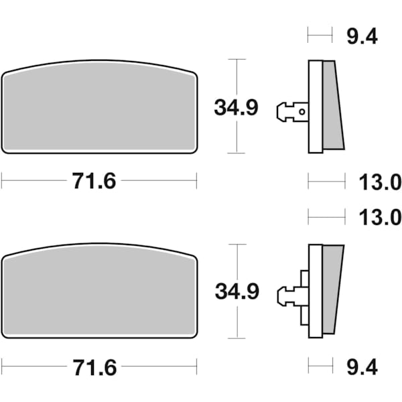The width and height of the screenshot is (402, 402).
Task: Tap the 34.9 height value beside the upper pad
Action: pos(236,107)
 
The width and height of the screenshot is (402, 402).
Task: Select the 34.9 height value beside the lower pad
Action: pos(236,292)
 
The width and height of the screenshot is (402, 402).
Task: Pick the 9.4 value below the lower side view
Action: pos(362,366)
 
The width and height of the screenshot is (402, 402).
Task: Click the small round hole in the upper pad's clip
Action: pos(303,112)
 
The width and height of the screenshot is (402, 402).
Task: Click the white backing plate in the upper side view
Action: pos(314,107)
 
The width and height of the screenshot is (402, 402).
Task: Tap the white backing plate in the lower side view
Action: pos(314,292)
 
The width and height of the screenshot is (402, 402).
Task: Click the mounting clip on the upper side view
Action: pos(289,112)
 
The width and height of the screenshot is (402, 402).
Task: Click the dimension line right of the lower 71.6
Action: pos(161,366)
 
